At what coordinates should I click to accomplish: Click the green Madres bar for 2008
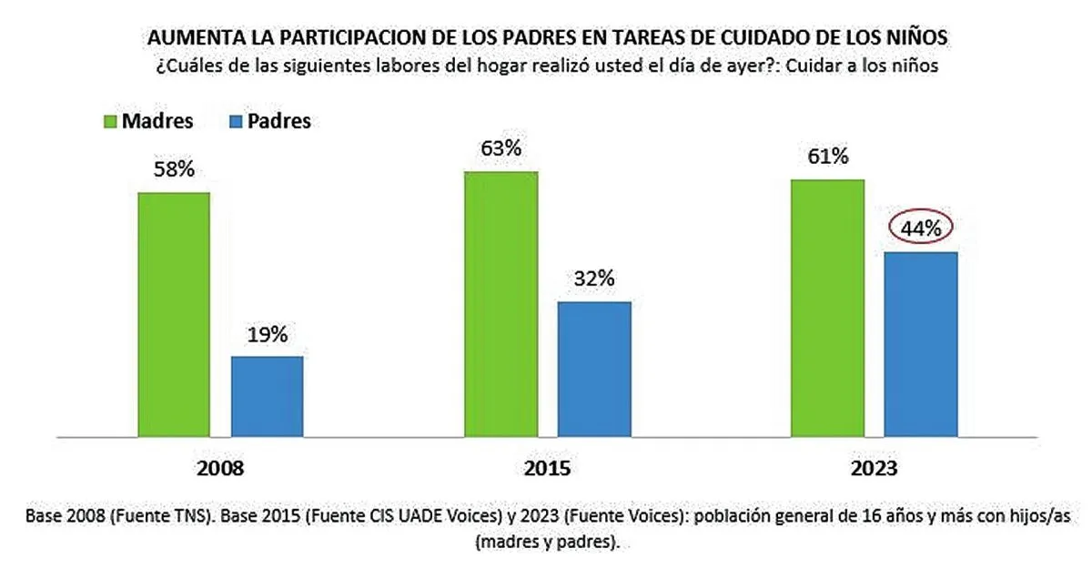[x=174, y=315]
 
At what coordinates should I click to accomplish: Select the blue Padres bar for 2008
[x=267, y=397]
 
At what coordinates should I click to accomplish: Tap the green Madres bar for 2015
[x=500, y=304]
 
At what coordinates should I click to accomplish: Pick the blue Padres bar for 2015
[x=593, y=370]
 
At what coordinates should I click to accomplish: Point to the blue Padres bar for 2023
[x=920, y=345]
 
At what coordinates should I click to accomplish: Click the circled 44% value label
[x=920, y=229]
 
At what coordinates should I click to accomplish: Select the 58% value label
[x=173, y=169]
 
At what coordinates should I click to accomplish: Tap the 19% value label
[x=267, y=334]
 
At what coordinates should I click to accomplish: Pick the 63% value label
[x=500, y=147]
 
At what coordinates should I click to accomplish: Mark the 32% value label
[x=593, y=279]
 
